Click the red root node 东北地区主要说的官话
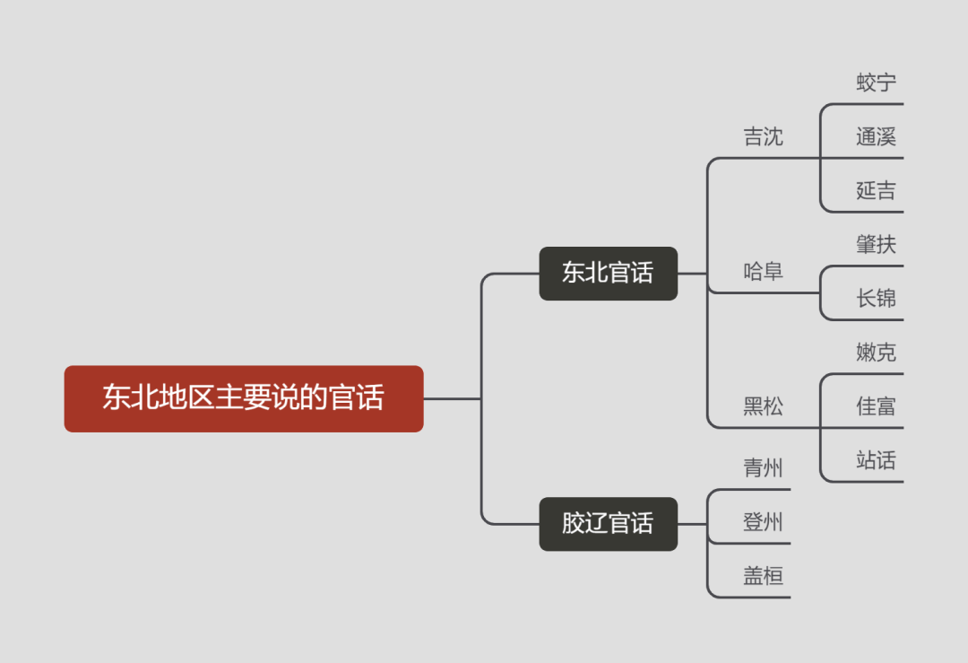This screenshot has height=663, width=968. click(x=243, y=398)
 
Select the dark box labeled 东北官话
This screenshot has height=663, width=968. click(x=608, y=273)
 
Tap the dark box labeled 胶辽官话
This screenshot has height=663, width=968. click(x=608, y=523)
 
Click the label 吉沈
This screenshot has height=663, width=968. click(x=763, y=137)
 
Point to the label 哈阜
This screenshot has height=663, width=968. click(x=763, y=272)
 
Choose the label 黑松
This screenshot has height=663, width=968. click(x=763, y=406)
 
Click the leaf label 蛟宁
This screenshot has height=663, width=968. click(x=876, y=83)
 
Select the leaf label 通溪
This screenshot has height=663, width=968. click(x=876, y=137)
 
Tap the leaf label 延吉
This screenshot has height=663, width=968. click(x=876, y=191)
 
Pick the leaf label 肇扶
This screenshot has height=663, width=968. click(x=876, y=245)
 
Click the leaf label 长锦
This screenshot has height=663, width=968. click(x=876, y=299)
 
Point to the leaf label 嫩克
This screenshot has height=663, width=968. click(x=876, y=353)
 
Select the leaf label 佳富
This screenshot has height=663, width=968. click(x=876, y=406)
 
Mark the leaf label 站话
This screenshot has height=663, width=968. click(x=876, y=461)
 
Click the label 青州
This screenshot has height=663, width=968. click(x=763, y=468)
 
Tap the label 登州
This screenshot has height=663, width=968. click(x=763, y=522)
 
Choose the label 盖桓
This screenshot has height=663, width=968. click(x=763, y=576)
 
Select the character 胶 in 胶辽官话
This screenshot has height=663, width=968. click(x=574, y=523)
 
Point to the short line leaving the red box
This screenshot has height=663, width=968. click(x=452, y=398)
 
